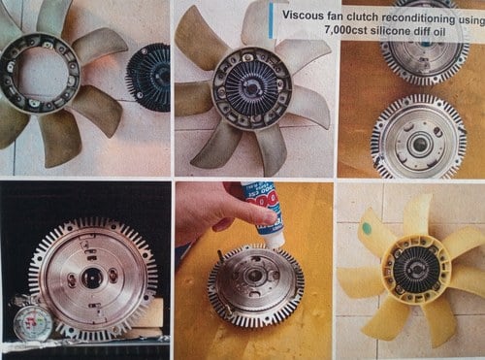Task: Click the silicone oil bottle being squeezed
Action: [264, 213]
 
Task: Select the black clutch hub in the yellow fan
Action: [416, 271]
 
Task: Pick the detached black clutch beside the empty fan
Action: [148, 78]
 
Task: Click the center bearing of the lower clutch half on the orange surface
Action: [420, 142]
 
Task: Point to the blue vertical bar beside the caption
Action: [272, 20]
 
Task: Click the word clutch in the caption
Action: [363, 16]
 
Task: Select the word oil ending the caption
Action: [438, 32]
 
